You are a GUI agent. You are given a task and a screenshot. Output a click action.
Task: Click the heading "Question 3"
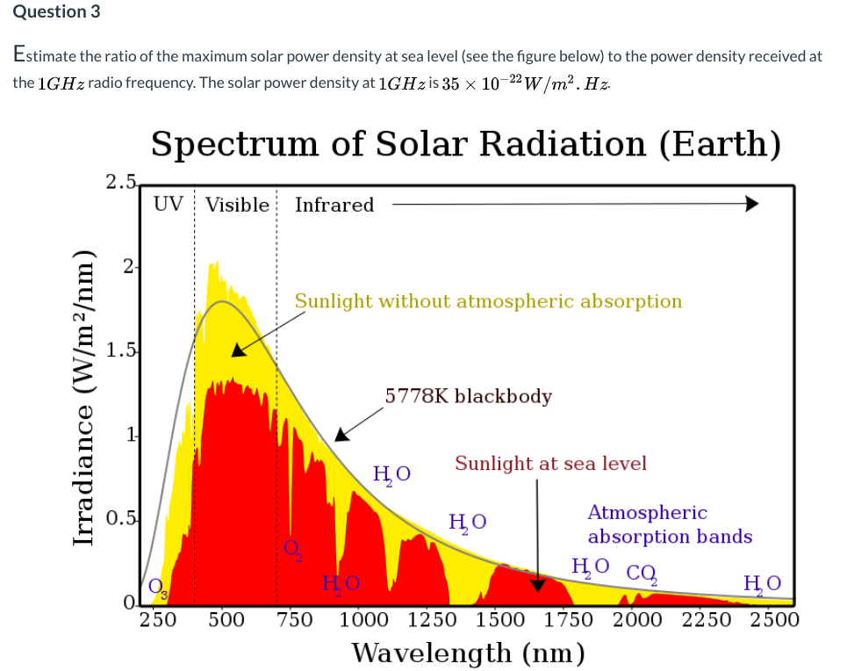[x=57, y=12]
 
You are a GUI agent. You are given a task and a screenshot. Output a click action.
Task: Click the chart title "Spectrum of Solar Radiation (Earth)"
[x=465, y=144]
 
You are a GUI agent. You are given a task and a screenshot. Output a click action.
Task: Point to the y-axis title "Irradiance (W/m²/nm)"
[x=85, y=396]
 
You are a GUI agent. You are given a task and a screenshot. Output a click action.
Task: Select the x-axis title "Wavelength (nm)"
[x=468, y=653]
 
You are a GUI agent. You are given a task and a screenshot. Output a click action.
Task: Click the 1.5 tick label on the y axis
[x=120, y=351]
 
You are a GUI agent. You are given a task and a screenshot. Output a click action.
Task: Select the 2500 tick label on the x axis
[x=773, y=619]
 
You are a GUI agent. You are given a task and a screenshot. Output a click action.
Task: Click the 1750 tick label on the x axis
[x=569, y=619]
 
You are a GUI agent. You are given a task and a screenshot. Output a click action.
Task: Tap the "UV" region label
[x=169, y=205]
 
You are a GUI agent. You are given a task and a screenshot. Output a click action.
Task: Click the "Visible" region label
[x=237, y=205]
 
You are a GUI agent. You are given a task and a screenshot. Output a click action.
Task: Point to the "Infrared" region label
[x=334, y=205]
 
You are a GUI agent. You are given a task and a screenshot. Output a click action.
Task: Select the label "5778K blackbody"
[x=469, y=396]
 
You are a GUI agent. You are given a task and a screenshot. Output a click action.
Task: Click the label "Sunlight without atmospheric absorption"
[x=488, y=301]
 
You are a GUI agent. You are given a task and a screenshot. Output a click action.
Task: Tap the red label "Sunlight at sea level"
[x=550, y=463]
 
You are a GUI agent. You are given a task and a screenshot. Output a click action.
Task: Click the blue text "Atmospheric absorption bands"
[x=669, y=524]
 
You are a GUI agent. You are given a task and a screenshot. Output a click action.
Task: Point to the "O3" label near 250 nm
[x=157, y=587]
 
